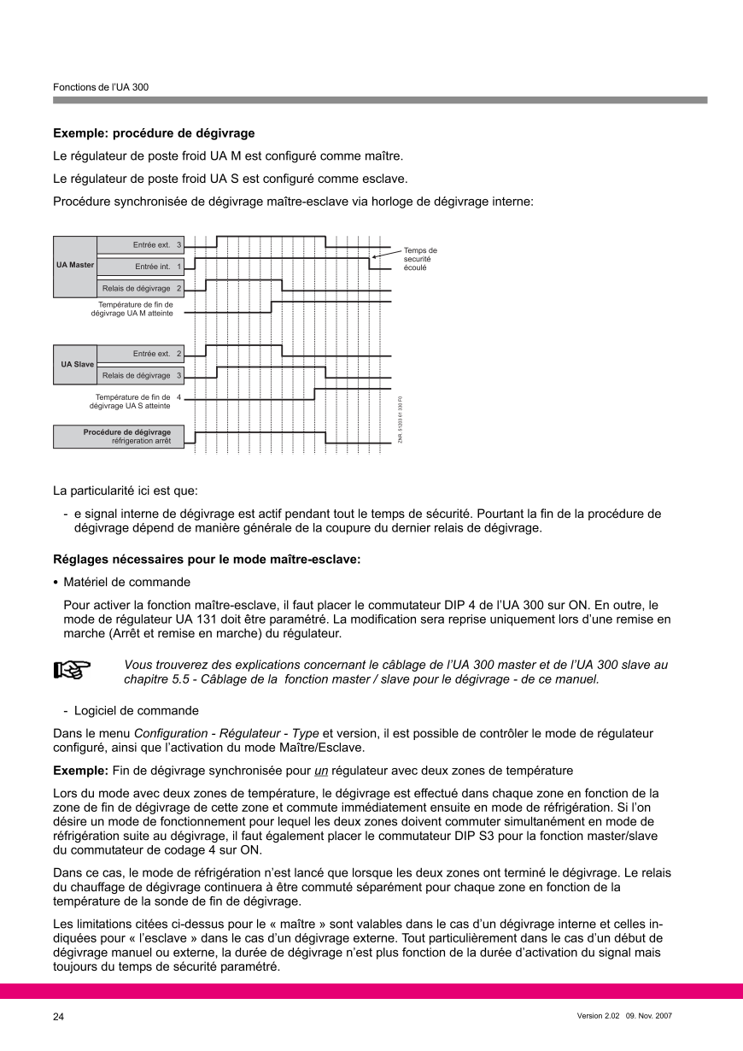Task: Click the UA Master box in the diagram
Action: point(75,266)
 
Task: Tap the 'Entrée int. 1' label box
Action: point(140,267)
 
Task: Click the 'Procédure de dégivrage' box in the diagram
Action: point(119,437)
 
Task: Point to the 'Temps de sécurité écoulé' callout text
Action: point(420,259)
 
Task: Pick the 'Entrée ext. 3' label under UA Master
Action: point(140,245)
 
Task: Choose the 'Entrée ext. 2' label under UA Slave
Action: point(140,354)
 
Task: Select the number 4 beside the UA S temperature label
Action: point(178,397)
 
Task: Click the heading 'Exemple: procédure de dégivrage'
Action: point(154,133)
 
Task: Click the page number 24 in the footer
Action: point(58,1017)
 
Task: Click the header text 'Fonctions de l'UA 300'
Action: point(101,87)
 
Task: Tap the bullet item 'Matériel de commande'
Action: point(126,582)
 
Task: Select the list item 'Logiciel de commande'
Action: point(136,711)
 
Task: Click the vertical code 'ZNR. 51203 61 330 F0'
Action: point(400,420)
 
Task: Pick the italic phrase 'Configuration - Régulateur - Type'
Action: point(227,733)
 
